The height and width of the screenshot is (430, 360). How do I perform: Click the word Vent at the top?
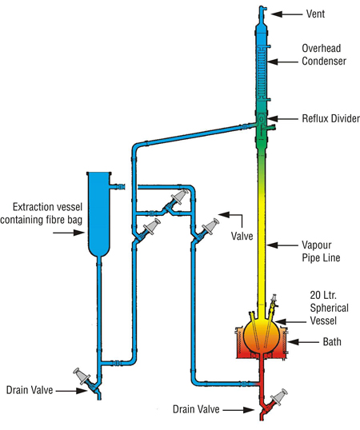tap(315, 14)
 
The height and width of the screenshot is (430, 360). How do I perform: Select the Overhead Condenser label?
tap(324, 54)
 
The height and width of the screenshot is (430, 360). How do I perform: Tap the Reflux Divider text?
tap(330, 118)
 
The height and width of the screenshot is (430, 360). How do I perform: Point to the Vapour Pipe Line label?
tap(321, 251)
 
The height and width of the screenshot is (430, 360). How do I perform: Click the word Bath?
tap(332, 342)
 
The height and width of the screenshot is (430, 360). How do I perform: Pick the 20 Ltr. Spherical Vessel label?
tap(329, 308)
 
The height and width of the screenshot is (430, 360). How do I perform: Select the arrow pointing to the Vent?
tap(286, 14)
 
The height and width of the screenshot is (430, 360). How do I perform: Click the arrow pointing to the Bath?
tap(303, 342)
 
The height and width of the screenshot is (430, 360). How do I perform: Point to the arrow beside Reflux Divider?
tap(282, 119)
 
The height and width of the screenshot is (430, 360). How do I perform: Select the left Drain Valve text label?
tap(30, 390)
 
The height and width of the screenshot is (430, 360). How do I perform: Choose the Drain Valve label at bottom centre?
tap(196, 409)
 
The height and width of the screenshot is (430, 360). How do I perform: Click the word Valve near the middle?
tap(242, 236)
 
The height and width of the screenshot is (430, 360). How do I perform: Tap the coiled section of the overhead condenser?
tap(262, 73)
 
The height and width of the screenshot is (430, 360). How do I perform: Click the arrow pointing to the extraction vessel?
tap(69, 233)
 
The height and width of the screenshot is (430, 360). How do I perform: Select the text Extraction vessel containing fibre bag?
tap(42, 213)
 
